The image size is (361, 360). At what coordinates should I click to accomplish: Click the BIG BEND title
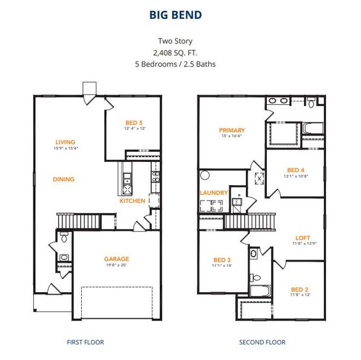click(x=175, y=15)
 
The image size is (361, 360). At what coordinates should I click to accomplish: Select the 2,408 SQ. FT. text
click(x=175, y=52)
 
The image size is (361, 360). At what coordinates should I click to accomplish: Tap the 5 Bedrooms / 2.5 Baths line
click(x=175, y=64)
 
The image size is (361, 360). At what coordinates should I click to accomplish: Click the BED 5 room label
click(x=134, y=122)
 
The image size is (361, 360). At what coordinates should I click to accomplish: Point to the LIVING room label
click(x=65, y=142)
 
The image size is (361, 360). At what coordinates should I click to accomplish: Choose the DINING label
click(x=64, y=179)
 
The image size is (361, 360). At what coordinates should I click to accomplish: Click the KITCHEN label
click(x=132, y=201)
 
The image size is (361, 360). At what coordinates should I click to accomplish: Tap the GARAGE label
click(x=116, y=259)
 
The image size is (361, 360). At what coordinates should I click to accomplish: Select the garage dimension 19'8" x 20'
click(x=116, y=265)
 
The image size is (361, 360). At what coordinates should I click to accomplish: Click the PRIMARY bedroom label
click(x=232, y=130)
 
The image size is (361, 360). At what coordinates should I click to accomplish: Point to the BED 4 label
click(x=296, y=170)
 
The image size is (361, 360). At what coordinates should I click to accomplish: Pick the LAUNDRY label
click(x=214, y=193)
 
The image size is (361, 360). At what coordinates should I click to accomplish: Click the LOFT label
click(x=303, y=238)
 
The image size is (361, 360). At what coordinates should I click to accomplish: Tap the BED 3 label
click(x=222, y=260)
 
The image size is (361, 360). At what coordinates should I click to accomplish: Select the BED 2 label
click(x=300, y=289)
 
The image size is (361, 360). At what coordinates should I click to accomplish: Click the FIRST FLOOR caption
click(x=85, y=342)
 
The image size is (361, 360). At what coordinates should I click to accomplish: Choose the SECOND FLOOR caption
click(x=262, y=342)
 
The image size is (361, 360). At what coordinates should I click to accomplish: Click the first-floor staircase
click(x=78, y=221)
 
